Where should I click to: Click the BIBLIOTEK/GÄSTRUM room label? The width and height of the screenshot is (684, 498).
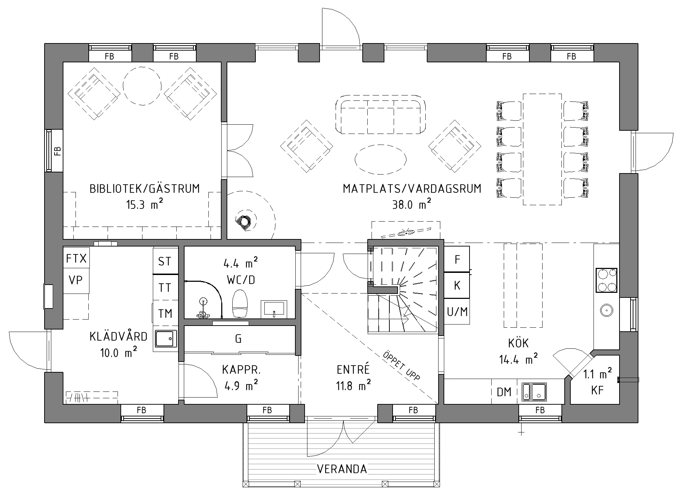(x=145, y=188)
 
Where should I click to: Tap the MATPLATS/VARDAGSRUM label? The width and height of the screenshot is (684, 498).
(x=412, y=188)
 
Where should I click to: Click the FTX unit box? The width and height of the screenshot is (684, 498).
(x=76, y=258)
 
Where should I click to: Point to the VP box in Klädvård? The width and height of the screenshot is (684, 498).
(x=76, y=281)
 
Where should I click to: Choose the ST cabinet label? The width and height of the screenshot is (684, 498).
(x=165, y=261)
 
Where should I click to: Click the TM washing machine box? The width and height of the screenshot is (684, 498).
(x=165, y=313)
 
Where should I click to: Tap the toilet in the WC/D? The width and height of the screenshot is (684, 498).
(x=239, y=303)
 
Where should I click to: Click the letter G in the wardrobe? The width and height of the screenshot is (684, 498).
(x=239, y=338)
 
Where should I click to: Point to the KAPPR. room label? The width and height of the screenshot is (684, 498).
(x=242, y=370)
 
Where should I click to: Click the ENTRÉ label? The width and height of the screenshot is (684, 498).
(x=353, y=370)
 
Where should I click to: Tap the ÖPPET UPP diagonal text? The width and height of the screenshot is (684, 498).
(x=401, y=366)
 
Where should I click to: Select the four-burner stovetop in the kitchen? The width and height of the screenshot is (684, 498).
(x=606, y=280)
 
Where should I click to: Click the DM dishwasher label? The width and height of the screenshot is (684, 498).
(x=504, y=392)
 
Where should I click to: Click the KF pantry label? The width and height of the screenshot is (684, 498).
(x=597, y=390)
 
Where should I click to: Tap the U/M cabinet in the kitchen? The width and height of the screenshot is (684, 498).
(x=457, y=312)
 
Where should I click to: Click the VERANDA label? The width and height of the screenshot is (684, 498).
(x=342, y=469)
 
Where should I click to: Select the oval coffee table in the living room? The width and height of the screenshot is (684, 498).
(x=380, y=159)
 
